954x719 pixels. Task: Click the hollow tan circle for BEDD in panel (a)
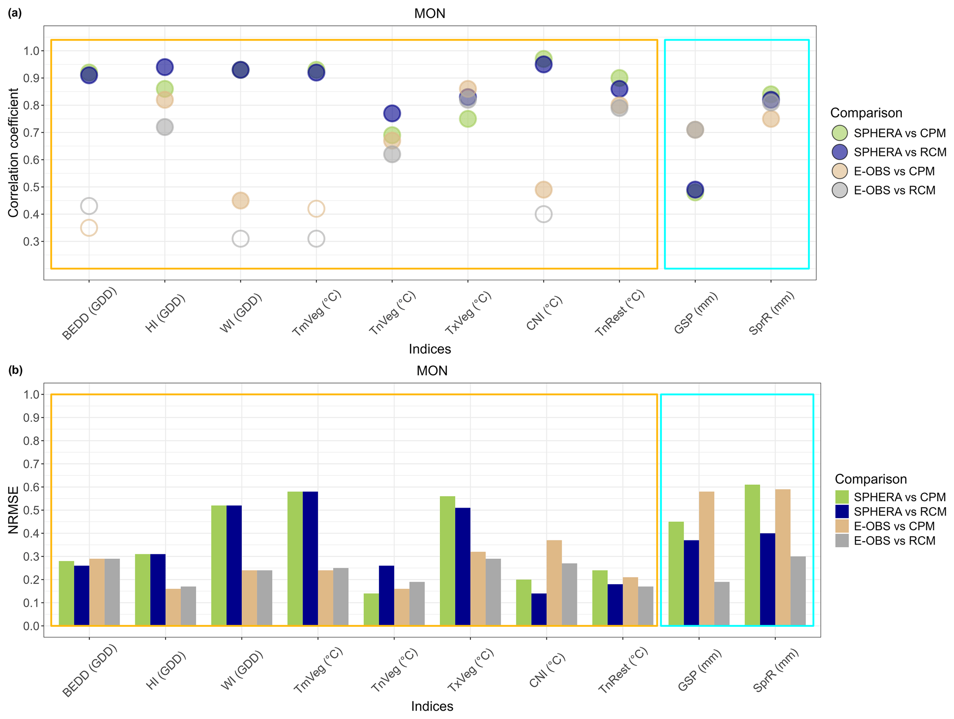click(89, 228)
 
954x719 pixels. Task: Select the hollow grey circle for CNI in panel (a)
click(543, 214)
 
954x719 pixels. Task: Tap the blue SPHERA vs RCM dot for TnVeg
click(392, 113)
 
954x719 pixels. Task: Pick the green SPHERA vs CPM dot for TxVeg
click(468, 119)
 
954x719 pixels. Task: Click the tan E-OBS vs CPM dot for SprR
click(770, 119)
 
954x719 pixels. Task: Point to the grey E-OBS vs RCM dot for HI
click(165, 127)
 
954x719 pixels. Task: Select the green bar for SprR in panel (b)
click(752, 555)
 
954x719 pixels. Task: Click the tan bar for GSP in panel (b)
click(707, 558)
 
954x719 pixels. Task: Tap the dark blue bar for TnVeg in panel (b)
click(386, 595)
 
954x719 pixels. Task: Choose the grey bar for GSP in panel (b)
click(722, 604)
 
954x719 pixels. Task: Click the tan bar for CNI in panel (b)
click(554, 582)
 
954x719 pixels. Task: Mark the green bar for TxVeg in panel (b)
click(447, 561)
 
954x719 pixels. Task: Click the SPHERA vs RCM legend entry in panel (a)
click(900, 152)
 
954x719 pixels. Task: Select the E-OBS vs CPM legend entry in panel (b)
click(894, 526)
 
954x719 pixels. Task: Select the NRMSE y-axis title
click(14, 510)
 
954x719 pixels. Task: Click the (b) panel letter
click(15, 370)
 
